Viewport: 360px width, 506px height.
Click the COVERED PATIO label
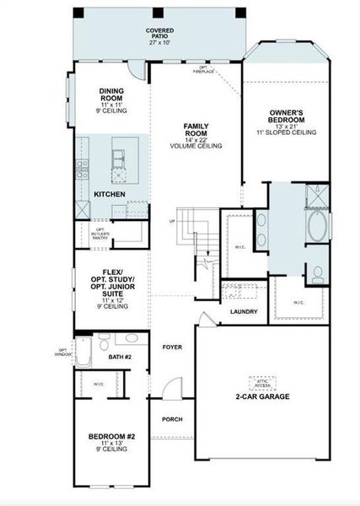point(159,35)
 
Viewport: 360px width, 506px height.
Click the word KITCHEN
point(110,194)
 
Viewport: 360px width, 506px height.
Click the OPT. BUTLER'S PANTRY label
point(101,234)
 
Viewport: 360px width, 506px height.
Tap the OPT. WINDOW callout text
point(62,352)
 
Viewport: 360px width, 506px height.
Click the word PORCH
point(172,419)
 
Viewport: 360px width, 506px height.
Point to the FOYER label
point(172,347)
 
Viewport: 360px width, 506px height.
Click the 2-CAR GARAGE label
point(262,396)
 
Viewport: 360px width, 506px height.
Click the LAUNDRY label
point(243,311)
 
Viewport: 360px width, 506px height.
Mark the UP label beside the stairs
point(173,222)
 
